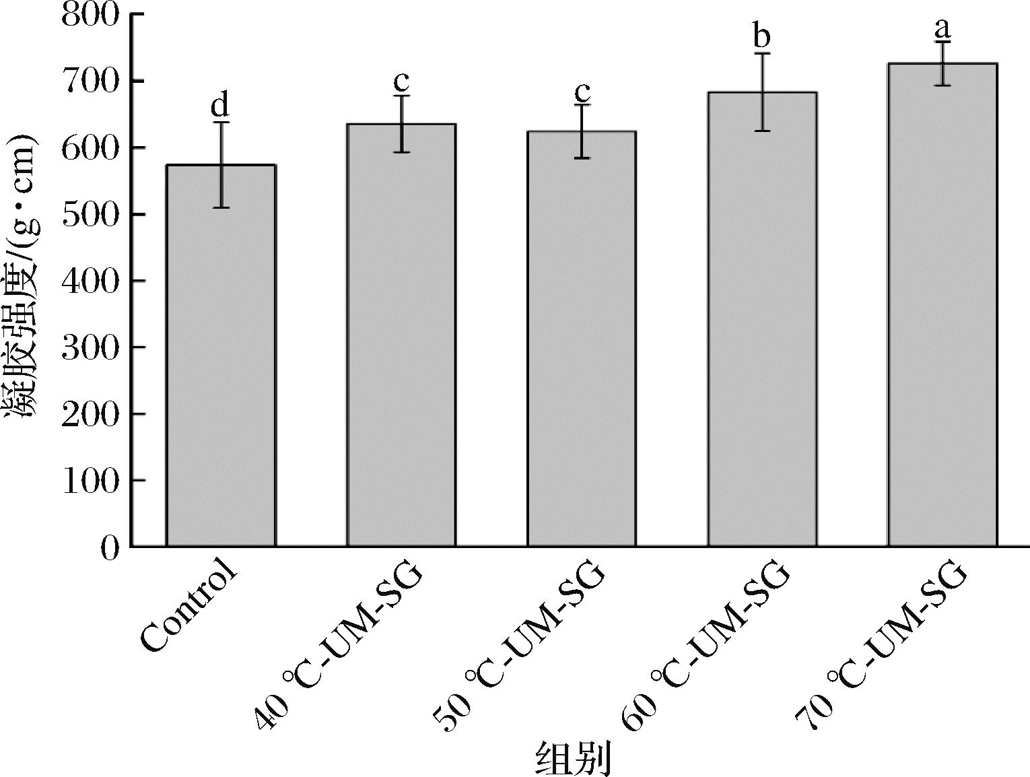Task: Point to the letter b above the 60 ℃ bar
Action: tap(762, 36)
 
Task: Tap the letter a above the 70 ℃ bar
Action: tap(942, 28)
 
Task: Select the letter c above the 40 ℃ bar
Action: tap(401, 81)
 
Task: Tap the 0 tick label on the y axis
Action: tap(110, 547)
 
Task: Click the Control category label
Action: tap(191, 609)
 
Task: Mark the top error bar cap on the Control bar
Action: tap(221, 123)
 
